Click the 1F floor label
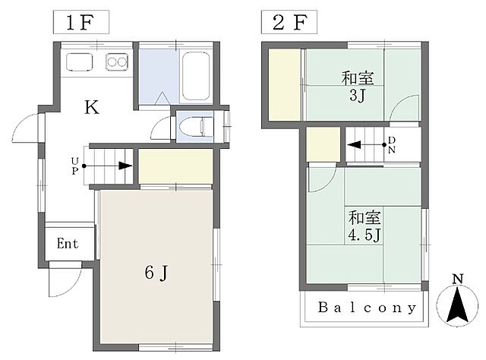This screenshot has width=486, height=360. click(80, 22)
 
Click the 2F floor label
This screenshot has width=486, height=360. click(290, 22)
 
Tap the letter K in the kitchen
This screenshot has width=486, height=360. click(92, 107)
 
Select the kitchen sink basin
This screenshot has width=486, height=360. click(80, 62)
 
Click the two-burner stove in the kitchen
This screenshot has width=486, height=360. click(117, 62)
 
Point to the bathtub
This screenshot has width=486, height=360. click(196, 76)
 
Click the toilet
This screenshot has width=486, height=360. click(196, 127)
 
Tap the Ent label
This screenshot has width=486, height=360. click(68, 243)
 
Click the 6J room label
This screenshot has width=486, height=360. click(156, 273)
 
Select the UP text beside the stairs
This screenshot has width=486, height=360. click(74, 166)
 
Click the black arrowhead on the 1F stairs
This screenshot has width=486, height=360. click(125, 166)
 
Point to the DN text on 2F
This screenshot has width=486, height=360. click(392, 145)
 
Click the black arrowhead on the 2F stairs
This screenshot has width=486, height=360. click(354, 144)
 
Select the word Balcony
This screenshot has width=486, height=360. click(368, 308)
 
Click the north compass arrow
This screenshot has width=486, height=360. click(457, 305)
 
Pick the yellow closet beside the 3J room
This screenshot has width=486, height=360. click(285, 84)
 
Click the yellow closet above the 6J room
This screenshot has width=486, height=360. click(175, 166)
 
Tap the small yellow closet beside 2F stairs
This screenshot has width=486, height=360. click(323, 144)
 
